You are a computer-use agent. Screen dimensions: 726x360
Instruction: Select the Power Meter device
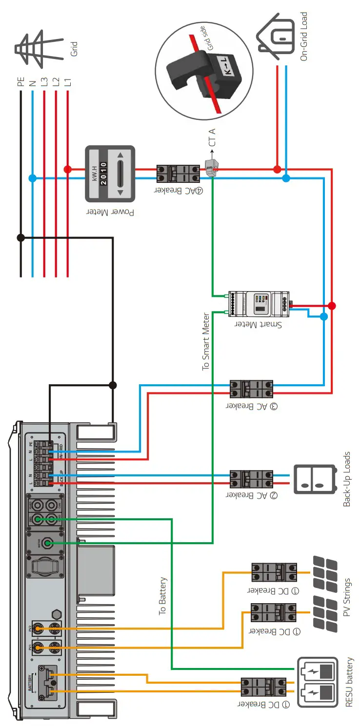[x=110, y=174]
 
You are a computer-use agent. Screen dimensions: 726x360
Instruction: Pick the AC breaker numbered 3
[x=251, y=389]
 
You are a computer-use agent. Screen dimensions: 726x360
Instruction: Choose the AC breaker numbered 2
[x=251, y=479]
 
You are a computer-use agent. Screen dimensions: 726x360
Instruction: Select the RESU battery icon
[x=318, y=681]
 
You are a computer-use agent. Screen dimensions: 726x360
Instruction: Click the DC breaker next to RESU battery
[x=263, y=687]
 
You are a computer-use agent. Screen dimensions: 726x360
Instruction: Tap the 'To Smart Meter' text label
[x=206, y=341]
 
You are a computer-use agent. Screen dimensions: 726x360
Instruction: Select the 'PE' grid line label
[x=20, y=80]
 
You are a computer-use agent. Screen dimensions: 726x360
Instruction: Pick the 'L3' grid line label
[x=44, y=80]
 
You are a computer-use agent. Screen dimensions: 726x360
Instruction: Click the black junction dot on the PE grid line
[x=20, y=237]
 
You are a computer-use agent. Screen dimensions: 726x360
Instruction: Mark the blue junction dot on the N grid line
[x=33, y=178]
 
